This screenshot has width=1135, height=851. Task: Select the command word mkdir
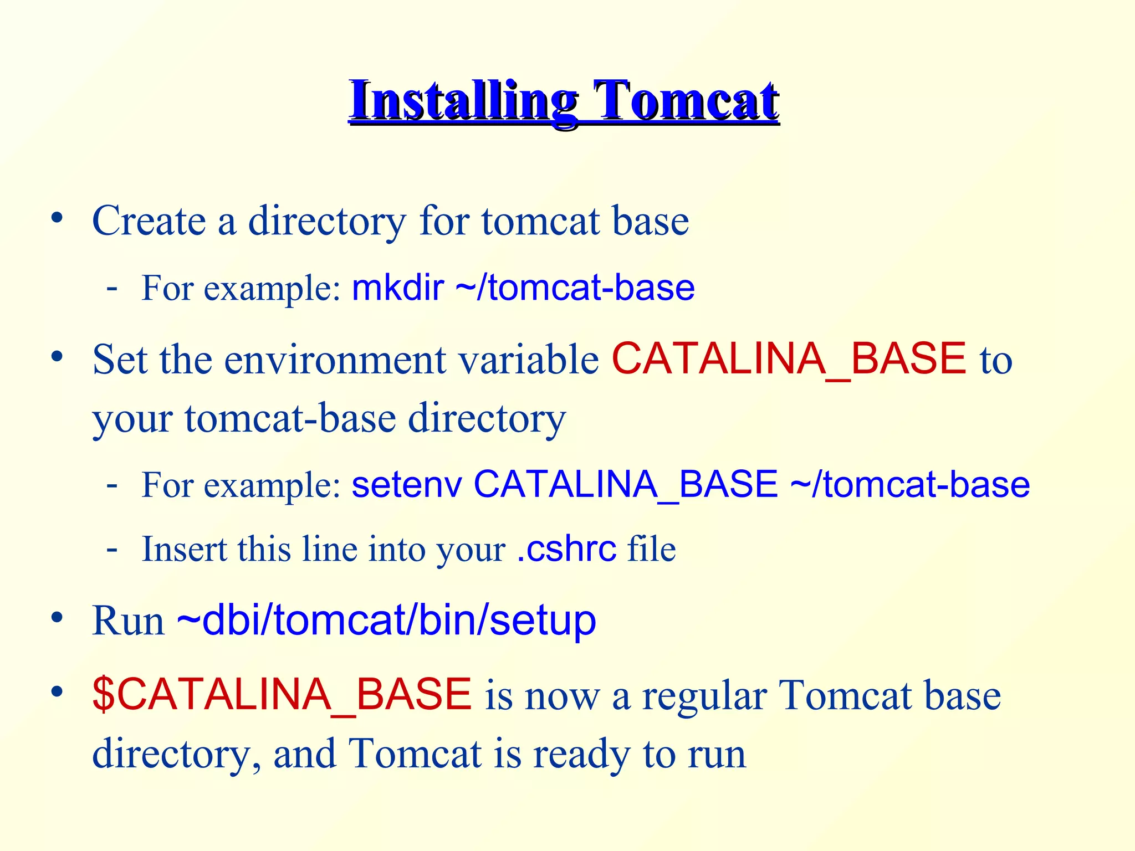tap(397, 288)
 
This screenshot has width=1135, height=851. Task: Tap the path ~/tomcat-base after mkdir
tap(575, 288)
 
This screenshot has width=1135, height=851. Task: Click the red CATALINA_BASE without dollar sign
tap(789, 359)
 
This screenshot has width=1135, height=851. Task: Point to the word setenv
tap(407, 484)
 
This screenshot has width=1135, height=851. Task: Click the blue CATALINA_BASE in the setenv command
tap(626, 484)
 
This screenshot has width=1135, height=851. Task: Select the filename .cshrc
tap(566, 549)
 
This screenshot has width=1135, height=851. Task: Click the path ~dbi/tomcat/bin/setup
tap(386, 621)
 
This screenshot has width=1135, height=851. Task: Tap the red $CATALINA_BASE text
tap(282, 695)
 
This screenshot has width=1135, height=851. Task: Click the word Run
tap(128, 621)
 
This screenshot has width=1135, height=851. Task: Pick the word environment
tap(335, 360)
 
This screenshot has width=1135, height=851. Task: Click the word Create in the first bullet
tap(149, 221)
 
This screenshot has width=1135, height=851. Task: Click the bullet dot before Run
tap(57, 617)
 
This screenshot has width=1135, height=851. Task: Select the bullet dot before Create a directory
tap(57, 218)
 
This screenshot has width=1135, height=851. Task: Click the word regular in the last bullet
tap(704, 696)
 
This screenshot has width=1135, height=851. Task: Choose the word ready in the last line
tap(581, 755)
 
